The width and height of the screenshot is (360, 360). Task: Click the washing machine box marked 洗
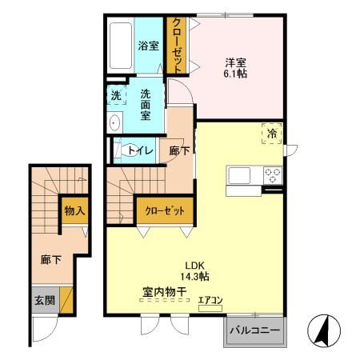[117, 95]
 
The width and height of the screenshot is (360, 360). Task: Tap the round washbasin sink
[114, 123]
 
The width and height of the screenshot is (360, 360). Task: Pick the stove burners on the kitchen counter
[270, 174]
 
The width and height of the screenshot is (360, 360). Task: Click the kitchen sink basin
[240, 174]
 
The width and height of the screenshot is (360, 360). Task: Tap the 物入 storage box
[75, 211]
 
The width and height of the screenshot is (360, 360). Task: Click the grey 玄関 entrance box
[43, 302]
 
